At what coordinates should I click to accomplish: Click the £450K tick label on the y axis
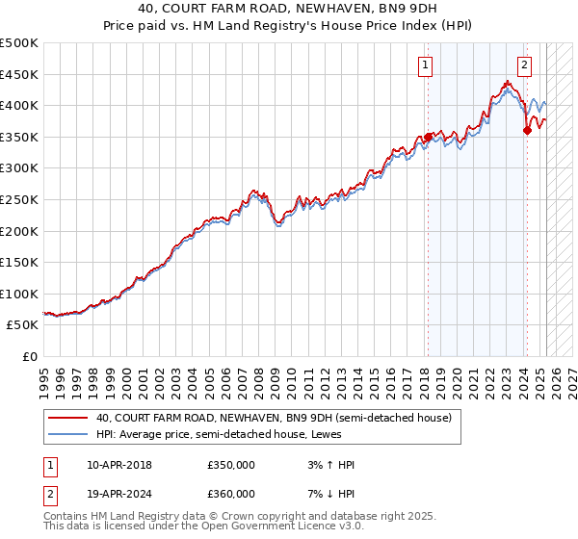[20, 74]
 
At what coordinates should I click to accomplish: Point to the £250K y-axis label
[20, 199]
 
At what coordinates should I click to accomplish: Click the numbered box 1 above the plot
[425, 66]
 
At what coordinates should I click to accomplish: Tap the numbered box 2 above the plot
[524, 66]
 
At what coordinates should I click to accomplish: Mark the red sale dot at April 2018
[428, 137]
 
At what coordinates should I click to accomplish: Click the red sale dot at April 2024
[528, 131]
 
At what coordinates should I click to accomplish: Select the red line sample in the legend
[67, 418]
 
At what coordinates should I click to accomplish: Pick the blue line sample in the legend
[67, 434]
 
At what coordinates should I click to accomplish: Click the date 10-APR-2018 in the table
[119, 465]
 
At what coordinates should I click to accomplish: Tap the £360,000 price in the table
[231, 493]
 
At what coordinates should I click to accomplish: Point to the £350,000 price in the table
[231, 465]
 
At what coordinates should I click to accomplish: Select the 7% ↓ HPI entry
[328, 493]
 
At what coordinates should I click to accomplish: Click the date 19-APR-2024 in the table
[119, 493]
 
